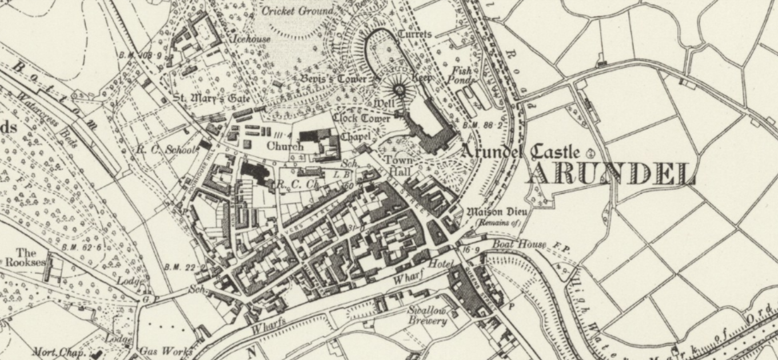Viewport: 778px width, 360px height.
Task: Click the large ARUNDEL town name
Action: coord(610,174)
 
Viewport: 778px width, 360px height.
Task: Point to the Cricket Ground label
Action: coord(297,11)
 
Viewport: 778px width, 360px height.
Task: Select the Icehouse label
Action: coord(252,39)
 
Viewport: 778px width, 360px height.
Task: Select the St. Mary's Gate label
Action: coord(212,98)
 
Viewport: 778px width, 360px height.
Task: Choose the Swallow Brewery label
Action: coord(426,316)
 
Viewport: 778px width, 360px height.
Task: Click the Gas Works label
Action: coord(166,350)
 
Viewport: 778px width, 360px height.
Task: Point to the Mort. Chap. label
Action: coord(59,352)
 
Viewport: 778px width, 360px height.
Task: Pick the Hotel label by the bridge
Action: coord(438,265)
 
